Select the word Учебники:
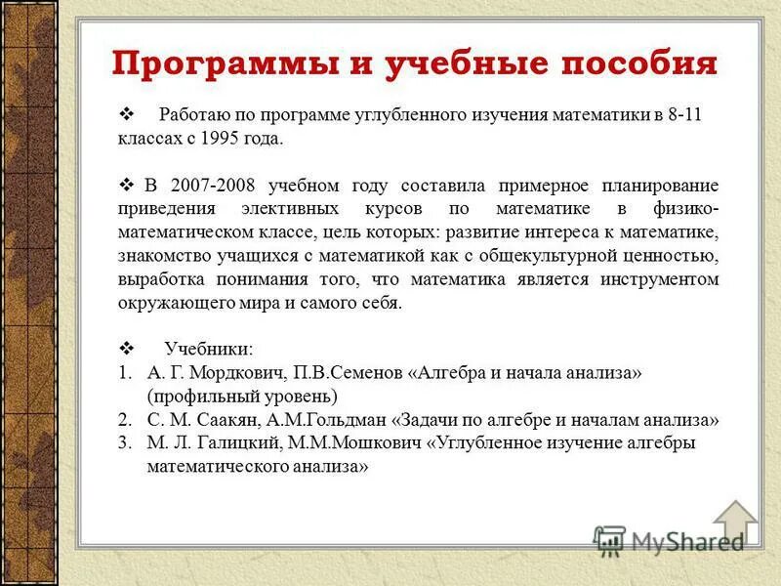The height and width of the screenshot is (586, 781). pos(208,349)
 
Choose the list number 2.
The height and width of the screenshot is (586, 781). pos(125,420)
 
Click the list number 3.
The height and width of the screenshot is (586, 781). pos(125,443)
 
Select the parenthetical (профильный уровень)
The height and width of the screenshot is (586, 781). pos(242,397)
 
